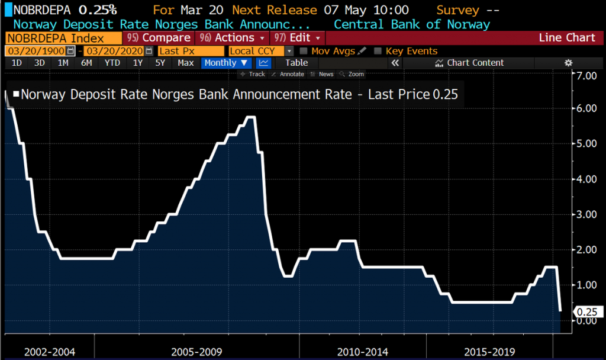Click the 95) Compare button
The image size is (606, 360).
(160, 38)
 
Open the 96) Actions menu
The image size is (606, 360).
(232, 38)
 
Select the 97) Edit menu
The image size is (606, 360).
(297, 38)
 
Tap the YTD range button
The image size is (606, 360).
(112, 63)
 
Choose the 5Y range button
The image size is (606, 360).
(160, 63)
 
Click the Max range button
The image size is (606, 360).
(186, 63)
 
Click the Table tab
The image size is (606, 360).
(296, 63)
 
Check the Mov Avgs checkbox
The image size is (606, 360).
(304, 51)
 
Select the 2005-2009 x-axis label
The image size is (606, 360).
(196, 352)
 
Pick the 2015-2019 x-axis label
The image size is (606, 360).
(490, 352)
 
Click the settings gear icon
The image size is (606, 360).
(569, 63)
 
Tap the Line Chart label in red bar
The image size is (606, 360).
(567, 38)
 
